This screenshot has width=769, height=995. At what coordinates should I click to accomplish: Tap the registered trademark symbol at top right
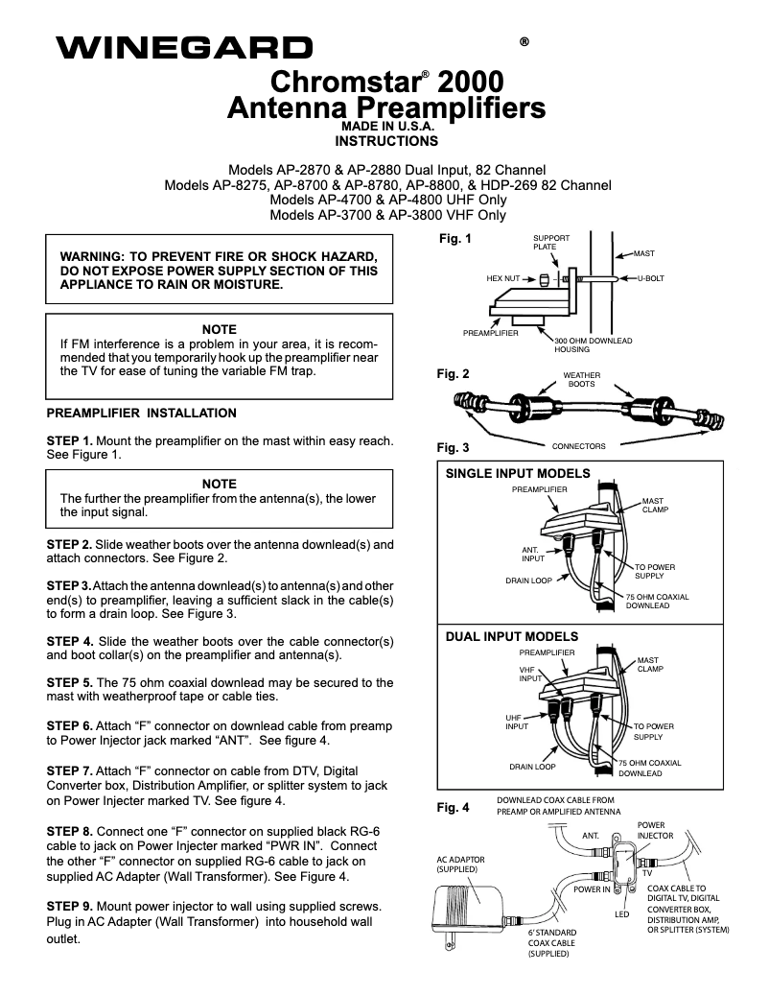point(524,42)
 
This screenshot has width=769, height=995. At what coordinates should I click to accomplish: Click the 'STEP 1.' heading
point(70,440)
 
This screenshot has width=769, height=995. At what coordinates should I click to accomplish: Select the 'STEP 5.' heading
point(70,682)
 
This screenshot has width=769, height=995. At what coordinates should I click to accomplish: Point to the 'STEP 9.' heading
point(70,906)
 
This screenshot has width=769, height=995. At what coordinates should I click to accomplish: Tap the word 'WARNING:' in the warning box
point(94,257)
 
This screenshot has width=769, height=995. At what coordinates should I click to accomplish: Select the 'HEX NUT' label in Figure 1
point(502,278)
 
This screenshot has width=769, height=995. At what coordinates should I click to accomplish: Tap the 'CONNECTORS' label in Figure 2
point(579,446)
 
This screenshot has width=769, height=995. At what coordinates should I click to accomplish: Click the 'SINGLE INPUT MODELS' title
point(518,473)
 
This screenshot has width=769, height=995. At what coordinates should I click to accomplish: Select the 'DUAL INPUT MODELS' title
point(512,636)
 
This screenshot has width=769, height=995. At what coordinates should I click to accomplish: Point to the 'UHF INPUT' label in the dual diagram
point(517,722)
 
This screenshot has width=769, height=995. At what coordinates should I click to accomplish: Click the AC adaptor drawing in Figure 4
point(470,907)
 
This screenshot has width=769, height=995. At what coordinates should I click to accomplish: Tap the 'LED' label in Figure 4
point(621,914)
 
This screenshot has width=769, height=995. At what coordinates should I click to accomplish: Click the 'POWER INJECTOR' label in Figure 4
point(655,830)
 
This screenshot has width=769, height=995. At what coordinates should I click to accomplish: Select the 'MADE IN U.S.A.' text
point(387,126)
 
